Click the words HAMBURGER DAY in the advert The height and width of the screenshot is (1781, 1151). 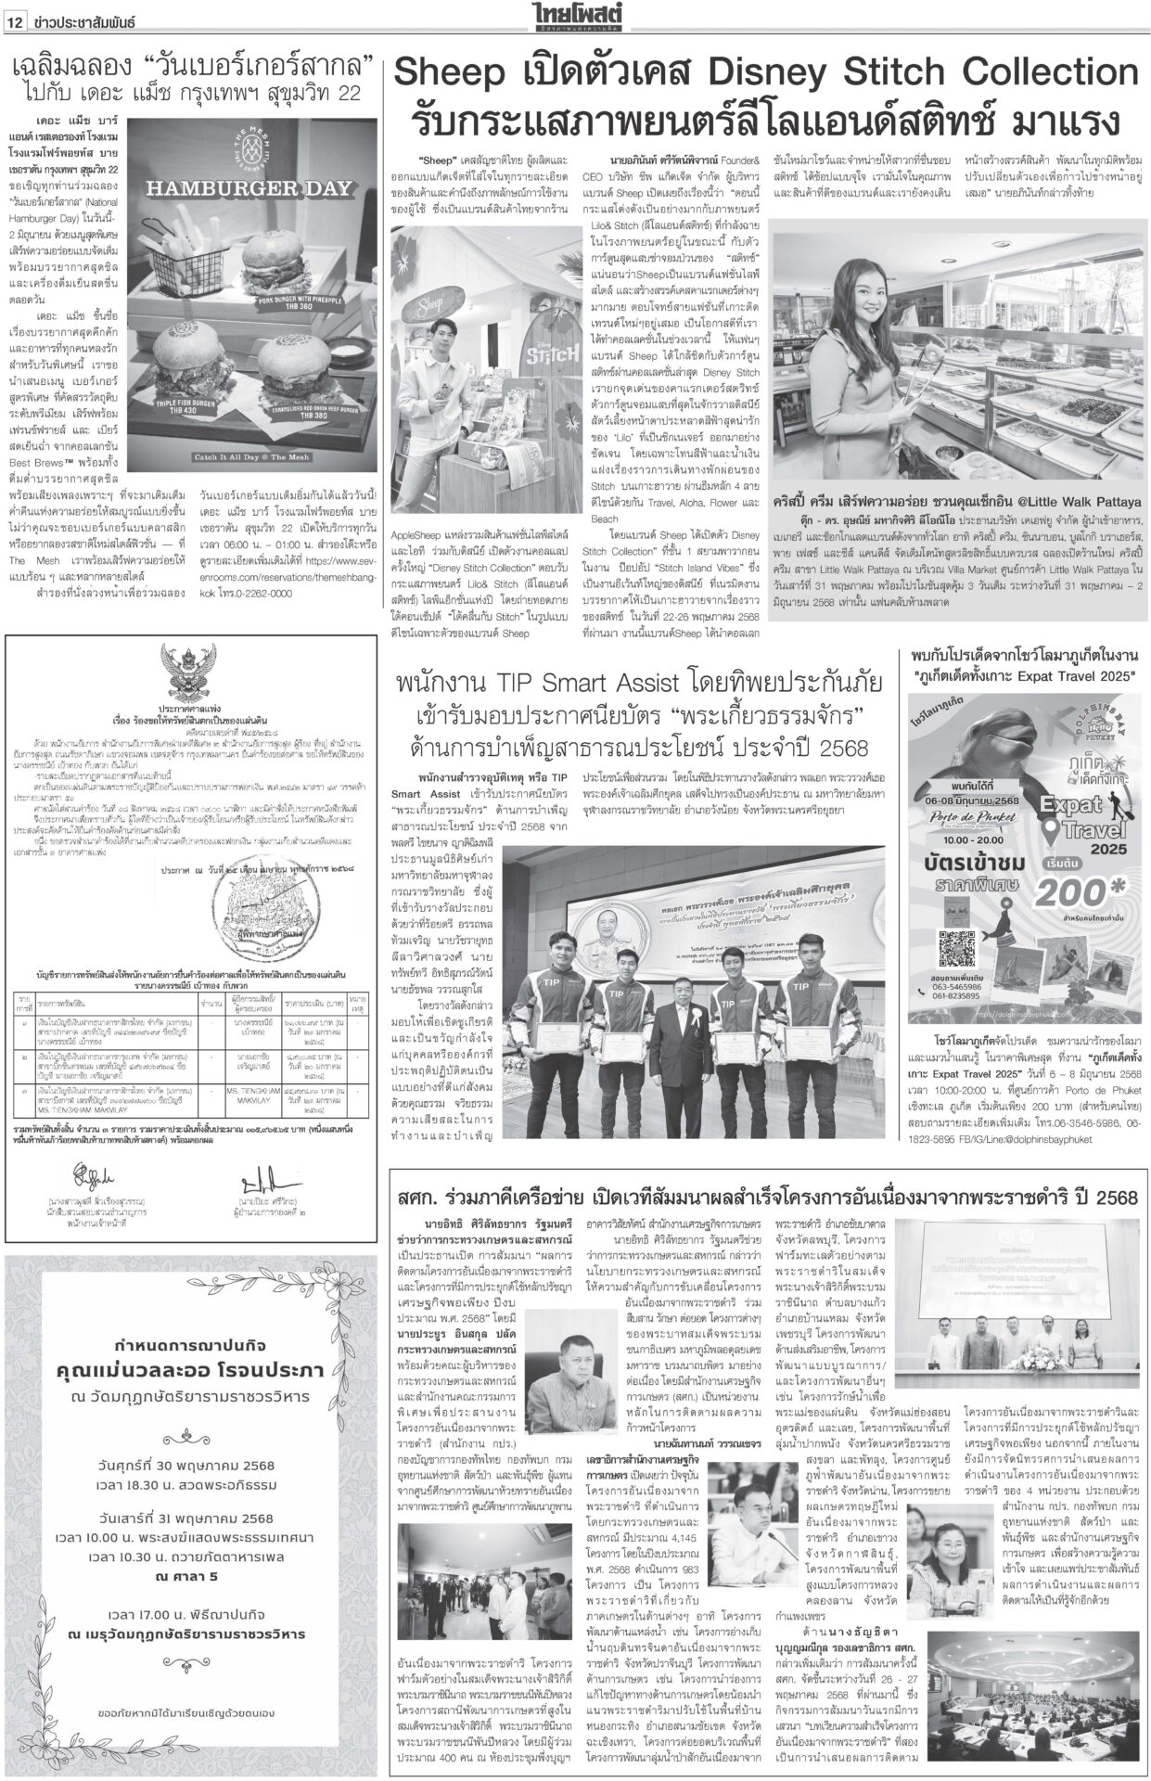(261, 189)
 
